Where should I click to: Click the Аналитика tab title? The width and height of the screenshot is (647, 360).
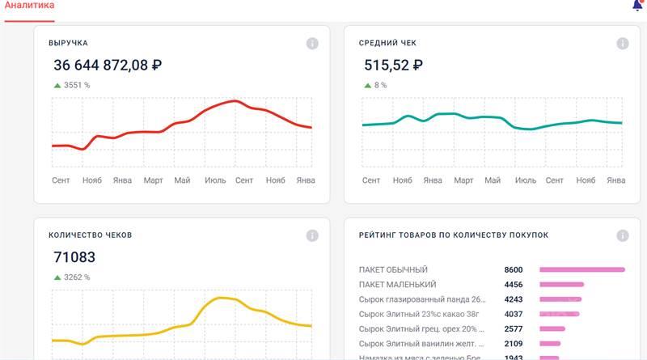[x=30, y=6]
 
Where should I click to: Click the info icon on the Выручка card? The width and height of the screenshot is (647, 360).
[x=312, y=44]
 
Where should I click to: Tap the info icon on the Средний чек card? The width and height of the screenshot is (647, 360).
[x=623, y=44]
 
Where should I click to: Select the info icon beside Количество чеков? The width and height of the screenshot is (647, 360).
[x=312, y=235]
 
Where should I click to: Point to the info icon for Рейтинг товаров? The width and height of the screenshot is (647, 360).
[x=623, y=235]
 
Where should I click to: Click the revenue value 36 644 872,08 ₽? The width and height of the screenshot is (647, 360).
[x=108, y=66]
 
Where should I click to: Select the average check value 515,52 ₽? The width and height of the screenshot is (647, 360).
[x=394, y=66]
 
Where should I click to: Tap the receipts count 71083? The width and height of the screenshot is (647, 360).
[x=74, y=257]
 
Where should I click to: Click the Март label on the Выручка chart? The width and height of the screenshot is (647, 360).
[x=154, y=180]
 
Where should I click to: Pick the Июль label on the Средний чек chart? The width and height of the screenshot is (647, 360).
[x=526, y=180]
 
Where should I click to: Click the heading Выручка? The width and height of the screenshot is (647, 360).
[x=68, y=43]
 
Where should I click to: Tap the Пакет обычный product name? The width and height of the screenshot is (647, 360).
[x=393, y=269]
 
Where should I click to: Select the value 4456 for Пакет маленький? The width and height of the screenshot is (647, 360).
[x=514, y=284]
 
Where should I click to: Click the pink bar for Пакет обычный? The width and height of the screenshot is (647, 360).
[x=582, y=269]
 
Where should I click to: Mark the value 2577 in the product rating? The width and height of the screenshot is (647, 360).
[x=514, y=328]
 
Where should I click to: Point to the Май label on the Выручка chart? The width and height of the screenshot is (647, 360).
[x=182, y=180]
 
